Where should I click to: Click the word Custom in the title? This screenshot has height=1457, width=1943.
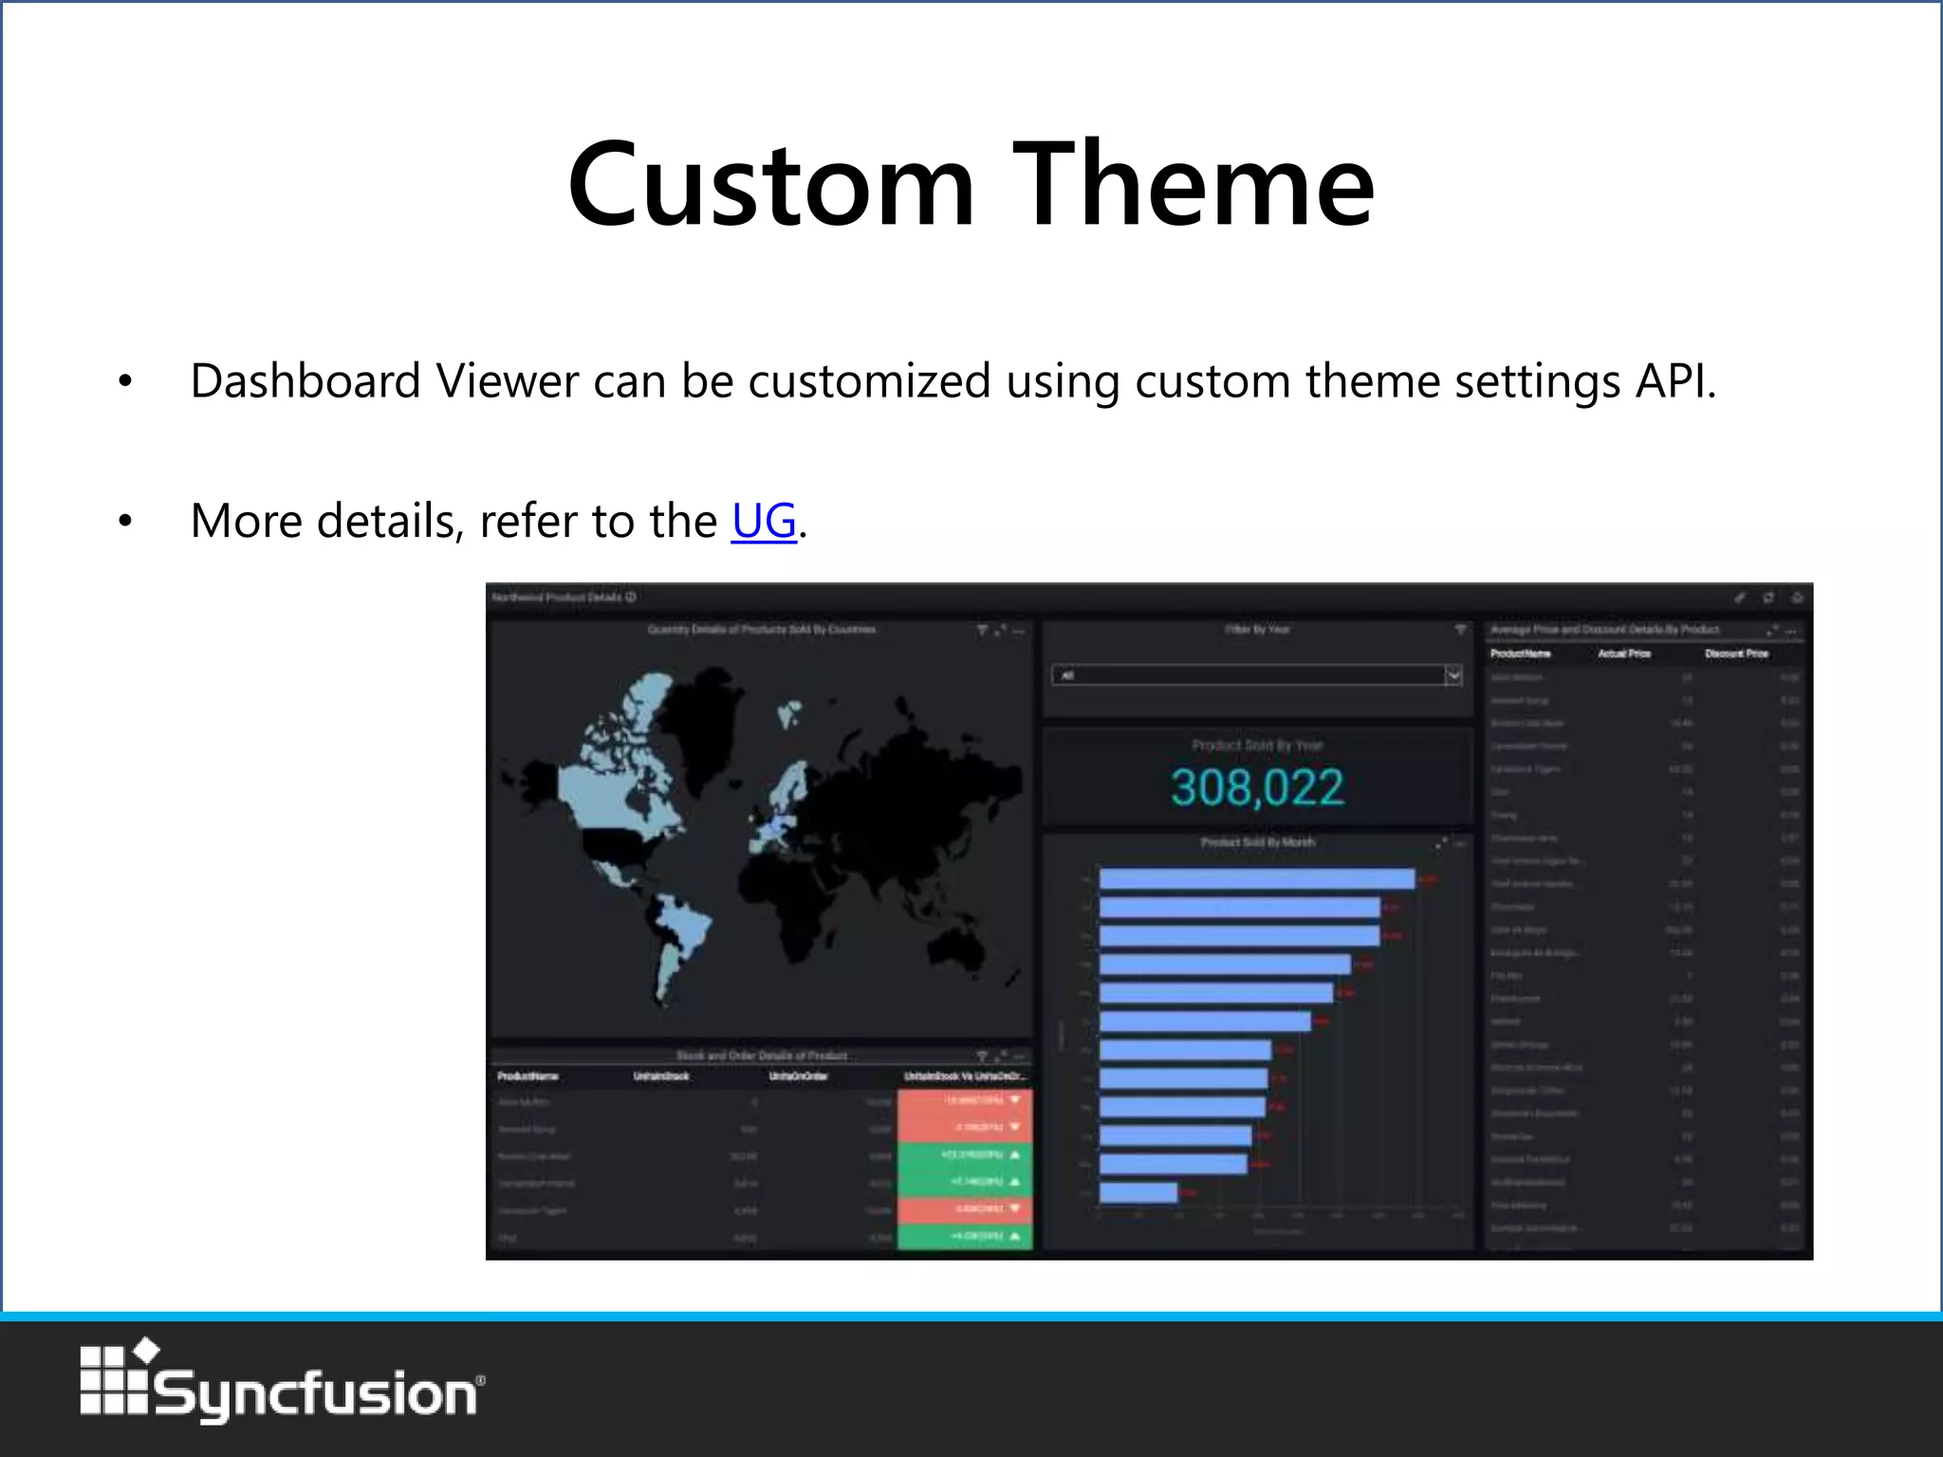tap(770, 185)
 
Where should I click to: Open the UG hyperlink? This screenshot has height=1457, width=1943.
tap(764, 521)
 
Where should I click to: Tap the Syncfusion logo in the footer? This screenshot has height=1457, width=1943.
tap(282, 1385)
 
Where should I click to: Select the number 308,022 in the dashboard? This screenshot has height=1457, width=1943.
tap(1257, 787)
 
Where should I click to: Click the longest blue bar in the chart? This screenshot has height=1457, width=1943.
tap(1256, 879)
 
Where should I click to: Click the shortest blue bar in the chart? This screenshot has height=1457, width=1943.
tap(1138, 1192)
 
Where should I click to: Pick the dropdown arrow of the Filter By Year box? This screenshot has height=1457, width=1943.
tap(1453, 675)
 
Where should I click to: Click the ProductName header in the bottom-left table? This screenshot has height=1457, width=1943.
tap(527, 1077)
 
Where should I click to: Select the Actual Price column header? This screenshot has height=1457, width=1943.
tap(1624, 654)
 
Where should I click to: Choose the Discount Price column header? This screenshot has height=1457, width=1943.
tap(1736, 654)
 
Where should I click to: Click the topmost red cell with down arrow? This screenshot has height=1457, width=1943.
tap(964, 1100)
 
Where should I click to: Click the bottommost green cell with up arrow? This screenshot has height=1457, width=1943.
tap(964, 1237)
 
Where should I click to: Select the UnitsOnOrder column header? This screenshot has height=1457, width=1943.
tap(798, 1077)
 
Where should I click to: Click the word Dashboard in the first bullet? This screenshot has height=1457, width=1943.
tap(305, 381)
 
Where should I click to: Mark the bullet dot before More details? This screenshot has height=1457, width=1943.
tap(125, 521)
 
